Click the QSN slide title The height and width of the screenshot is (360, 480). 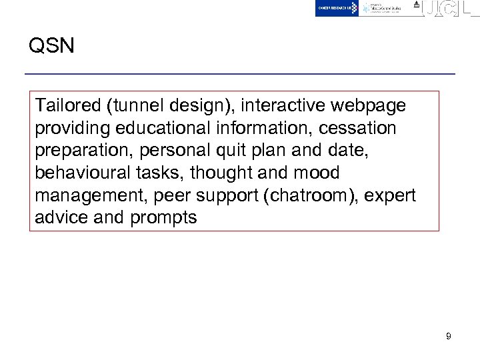click(x=51, y=46)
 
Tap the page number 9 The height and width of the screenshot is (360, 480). click(x=449, y=337)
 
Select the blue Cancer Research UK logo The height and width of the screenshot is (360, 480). click(x=337, y=8)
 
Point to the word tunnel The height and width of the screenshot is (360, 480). click(x=135, y=105)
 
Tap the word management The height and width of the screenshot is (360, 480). click(x=91, y=195)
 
